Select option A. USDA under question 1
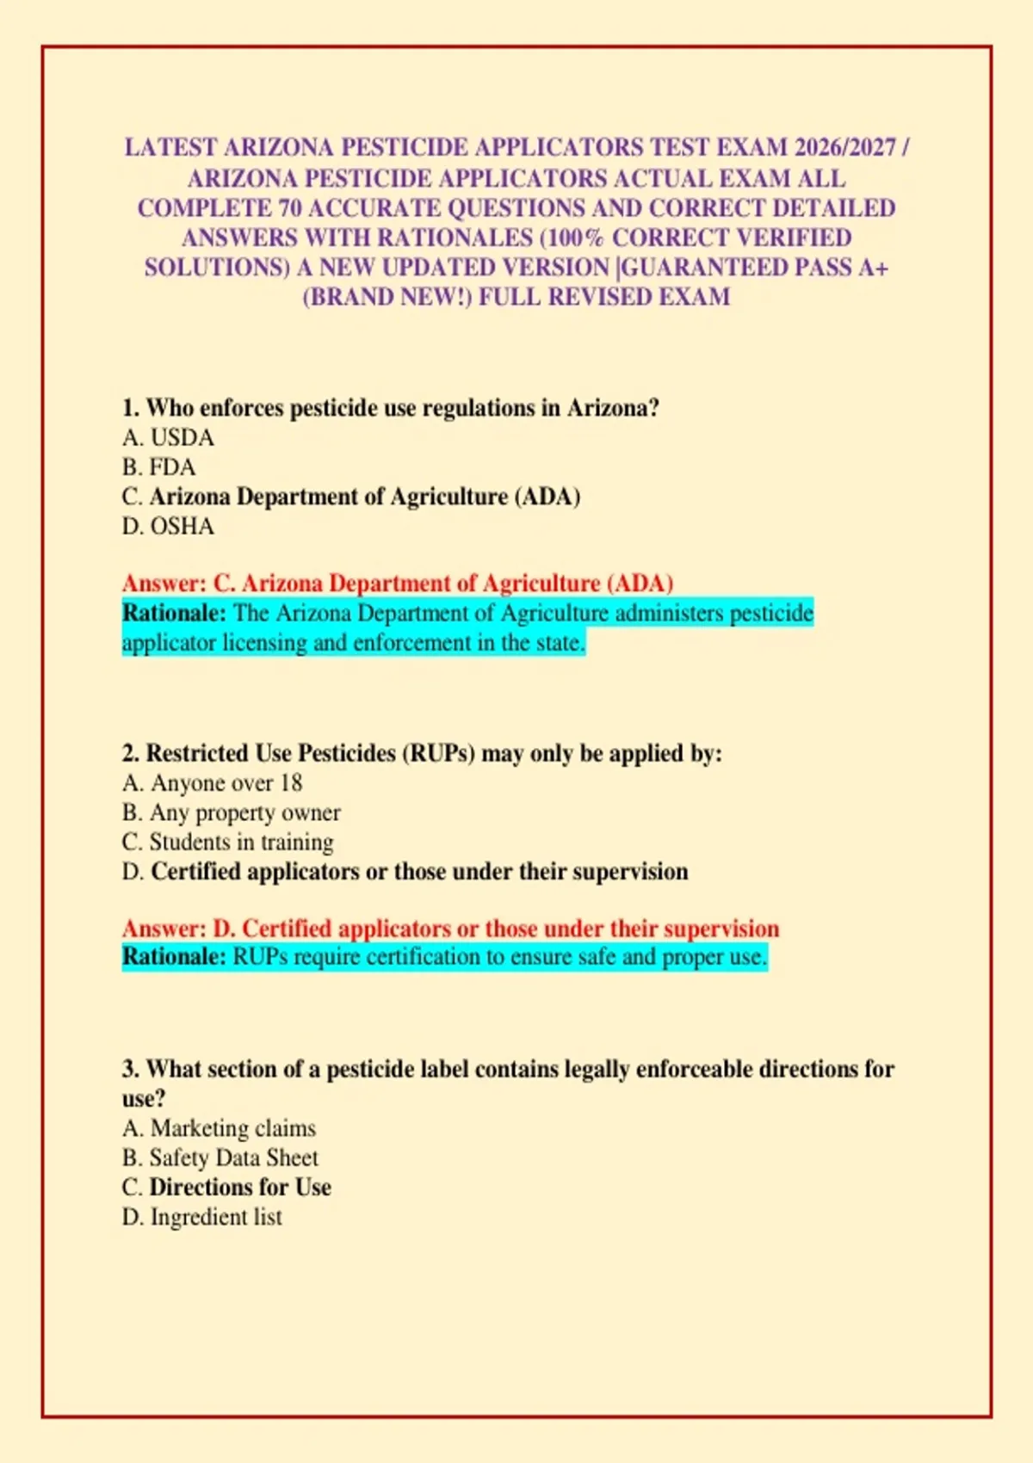pos(168,438)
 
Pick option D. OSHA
pos(168,527)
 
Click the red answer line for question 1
pos(397,583)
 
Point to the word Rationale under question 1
pos(174,614)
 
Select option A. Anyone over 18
pos(212,783)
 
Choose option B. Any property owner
pos(231,812)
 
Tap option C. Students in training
pos(227,842)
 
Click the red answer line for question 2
pos(450,929)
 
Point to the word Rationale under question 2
pos(174,957)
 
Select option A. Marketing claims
pos(219,1128)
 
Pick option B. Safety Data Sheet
pos(220,1158)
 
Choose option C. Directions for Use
pos(226,1188)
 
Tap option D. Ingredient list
pos(201,1217)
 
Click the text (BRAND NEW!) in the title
pos(387,298)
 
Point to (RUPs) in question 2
pos(437,754)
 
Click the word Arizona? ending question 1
pos(613,408)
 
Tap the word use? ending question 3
pos(144,1099)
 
